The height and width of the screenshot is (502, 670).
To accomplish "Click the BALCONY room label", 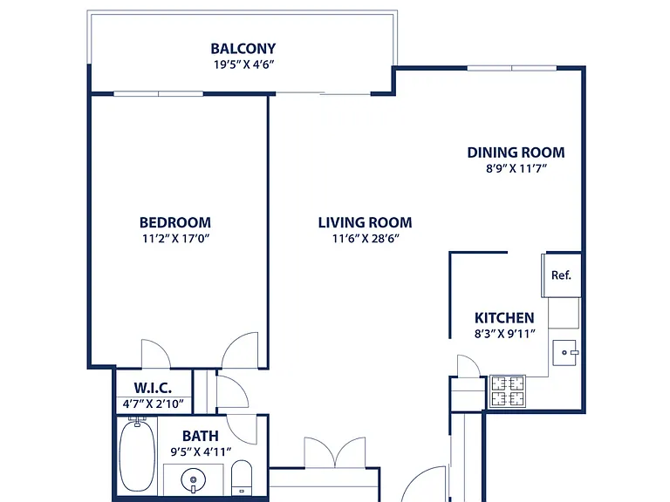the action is pyautogui.click(x=243, y=48).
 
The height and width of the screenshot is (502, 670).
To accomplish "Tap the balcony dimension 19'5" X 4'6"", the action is pyautogui.click(x=243, y=64).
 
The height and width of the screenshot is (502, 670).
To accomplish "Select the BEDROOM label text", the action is pyautogui.click(x=175, y=222).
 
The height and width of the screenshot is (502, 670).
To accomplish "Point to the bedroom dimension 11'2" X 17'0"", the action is pyautogui.click(x=175, y=238).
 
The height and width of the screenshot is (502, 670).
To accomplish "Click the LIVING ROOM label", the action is pyautogui.click(x=366, y=222).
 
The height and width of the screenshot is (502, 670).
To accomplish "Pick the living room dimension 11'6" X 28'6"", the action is pyautogui.click(x=366, y=238).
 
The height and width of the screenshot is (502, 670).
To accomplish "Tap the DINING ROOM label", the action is pyautogui.click(x=516, y=153).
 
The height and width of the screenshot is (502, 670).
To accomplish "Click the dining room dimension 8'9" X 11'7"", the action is pyautogui.click(x=516, y=168).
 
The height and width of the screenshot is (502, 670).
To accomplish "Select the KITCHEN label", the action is pyautogui.click(x=504, y=318).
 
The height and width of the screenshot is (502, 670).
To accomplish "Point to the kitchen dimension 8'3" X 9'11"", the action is pyautogui.click(x=504, y=334).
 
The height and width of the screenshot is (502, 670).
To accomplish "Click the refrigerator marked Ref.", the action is pyautogui.click(x=562, y=275).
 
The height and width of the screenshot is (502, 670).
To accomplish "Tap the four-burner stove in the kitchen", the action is pyautogui.click(x=508, y=391).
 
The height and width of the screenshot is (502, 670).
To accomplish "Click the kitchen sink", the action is pyautogui.click(x=565, y=353).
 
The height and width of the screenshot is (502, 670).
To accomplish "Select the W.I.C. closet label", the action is pyautogui.click(x=153, y=388).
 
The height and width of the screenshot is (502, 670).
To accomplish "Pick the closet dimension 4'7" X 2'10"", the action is pyautogui.click(x=153, y=404).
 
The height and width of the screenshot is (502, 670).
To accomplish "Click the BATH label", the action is pyautogui.click(x=201, y=436).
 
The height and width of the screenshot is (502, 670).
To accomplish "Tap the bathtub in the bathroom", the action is pyautogui.click(x=137, y=455).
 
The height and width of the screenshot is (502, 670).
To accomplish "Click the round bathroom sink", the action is pyautogui.click(x=193, y=480).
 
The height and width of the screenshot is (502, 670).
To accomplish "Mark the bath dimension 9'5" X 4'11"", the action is pyautogui.click(x=201, y=451).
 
